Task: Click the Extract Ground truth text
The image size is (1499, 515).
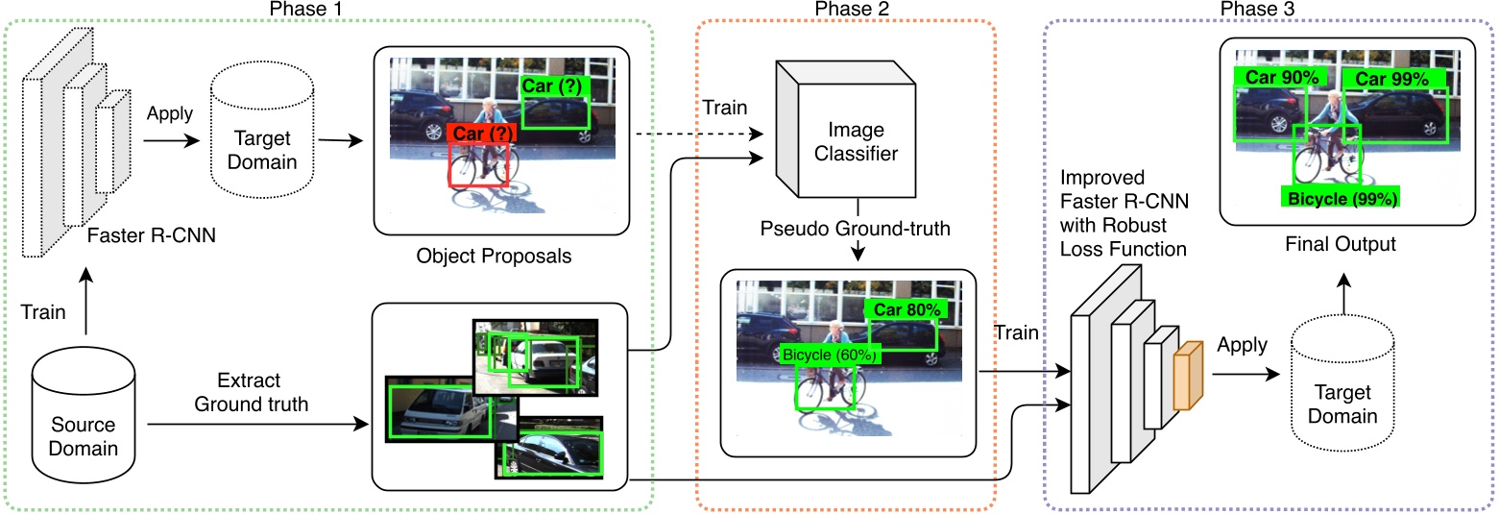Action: tap(252, 392)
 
